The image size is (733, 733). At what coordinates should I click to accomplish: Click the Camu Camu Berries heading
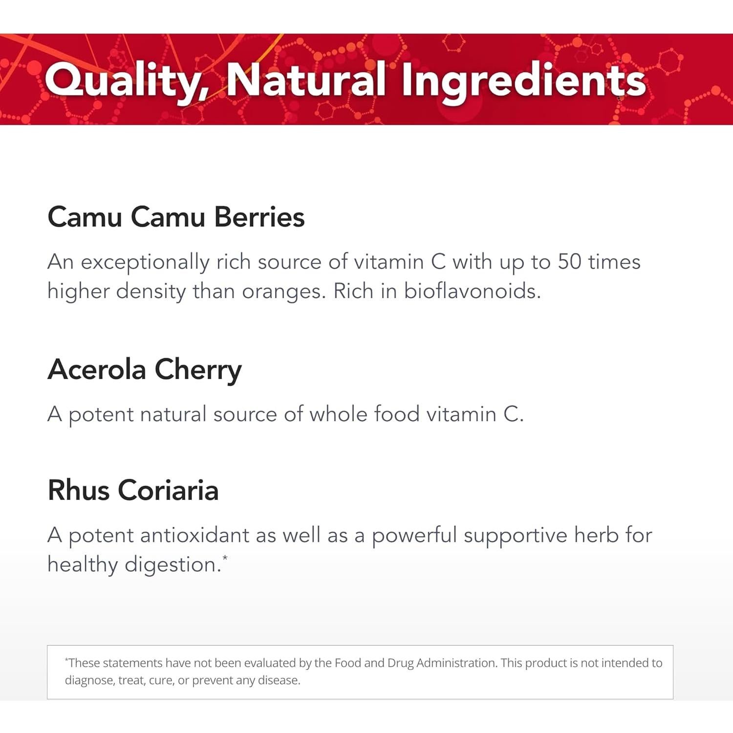click(x=176, y=217)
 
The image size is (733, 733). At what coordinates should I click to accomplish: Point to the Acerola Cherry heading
click(x=145, y=369)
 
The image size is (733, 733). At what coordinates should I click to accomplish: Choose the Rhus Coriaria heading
click(x=133, y=490)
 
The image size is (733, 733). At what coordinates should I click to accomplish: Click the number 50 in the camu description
click(x=569, y=262)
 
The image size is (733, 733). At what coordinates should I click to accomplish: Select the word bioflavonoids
click(x=472, y=292)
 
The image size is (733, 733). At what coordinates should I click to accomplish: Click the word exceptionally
click(x=145, y=262)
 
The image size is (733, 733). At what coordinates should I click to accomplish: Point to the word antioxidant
click(x=194, y=535)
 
